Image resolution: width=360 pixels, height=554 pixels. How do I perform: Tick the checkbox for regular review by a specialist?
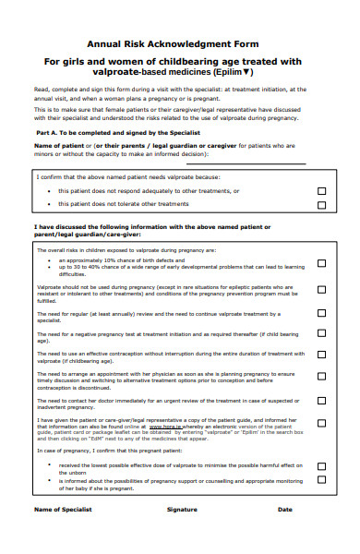tap(321, 315)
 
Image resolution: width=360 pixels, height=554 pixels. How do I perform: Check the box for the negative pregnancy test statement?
tap(321, 335)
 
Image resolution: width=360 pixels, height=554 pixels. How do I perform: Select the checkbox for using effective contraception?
tap(321, 355)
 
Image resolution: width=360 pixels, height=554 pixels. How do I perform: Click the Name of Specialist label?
tap(63, 510)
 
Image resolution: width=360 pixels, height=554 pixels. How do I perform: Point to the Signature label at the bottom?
tap(182, 510)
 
